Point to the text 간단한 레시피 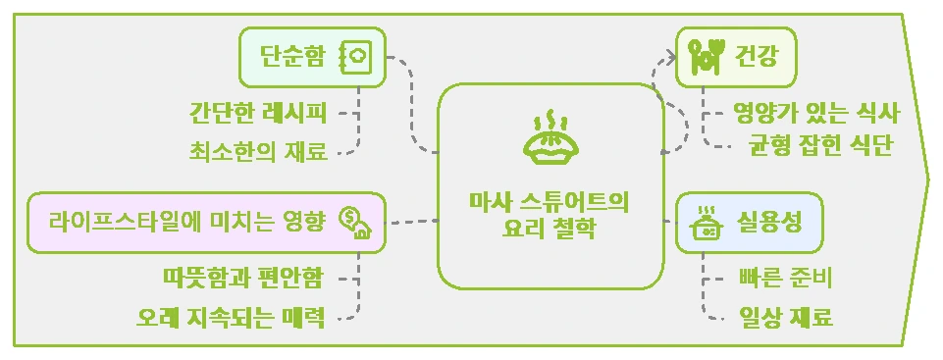coord(258,111)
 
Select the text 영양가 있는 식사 coord(816,111)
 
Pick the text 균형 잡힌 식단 coord(821,147)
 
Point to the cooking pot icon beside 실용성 coord(706,223)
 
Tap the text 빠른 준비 coord(785,279)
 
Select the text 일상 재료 coord(785,318)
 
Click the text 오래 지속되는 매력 coord(230,318)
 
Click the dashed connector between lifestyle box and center coord(412,222)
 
